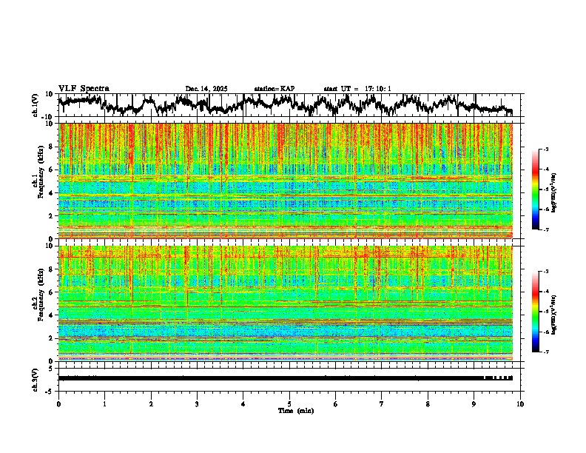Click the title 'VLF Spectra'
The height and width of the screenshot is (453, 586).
tap(84, 88)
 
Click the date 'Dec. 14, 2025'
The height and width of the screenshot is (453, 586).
tap(206, 89)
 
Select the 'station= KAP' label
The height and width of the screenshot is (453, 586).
tap(275, 89)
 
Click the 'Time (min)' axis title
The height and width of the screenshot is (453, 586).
tap(296, 410)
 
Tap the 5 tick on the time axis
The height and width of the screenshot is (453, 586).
tap(289, 404)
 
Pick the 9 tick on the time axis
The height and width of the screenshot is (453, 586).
tap(474, 404)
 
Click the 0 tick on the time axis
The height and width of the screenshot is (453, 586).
tap(58, 404)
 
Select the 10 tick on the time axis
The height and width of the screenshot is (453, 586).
tap(520, 404)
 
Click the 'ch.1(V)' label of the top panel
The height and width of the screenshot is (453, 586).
tap(35, 105)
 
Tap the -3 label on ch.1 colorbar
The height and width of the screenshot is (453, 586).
tap(550, 150)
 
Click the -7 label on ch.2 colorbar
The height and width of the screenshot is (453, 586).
tap(550, 352)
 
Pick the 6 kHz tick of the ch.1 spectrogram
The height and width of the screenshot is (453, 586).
tap(52, 170)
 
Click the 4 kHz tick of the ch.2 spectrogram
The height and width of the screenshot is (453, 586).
tap(52, 315)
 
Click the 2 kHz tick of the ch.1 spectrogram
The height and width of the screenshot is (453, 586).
tap(52, 216)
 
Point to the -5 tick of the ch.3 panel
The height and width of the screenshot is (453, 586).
tap(50, 389)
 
